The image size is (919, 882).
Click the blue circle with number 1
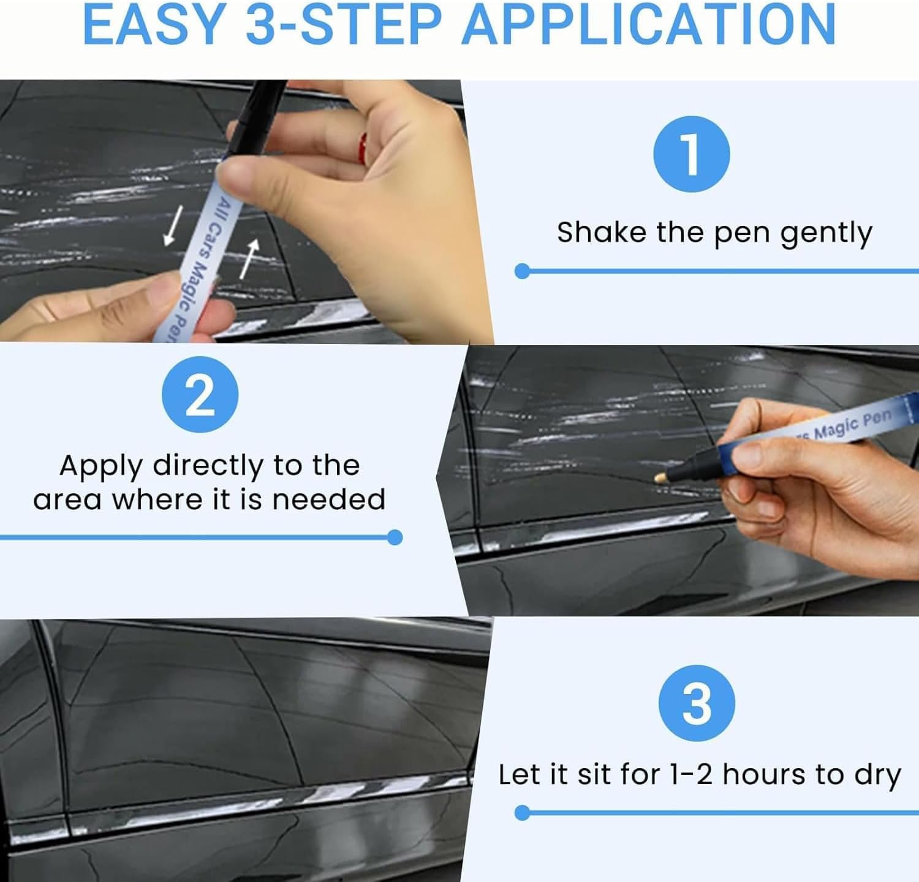[692, 154]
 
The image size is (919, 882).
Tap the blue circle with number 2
[200, 395]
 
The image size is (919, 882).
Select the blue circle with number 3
[697, 703]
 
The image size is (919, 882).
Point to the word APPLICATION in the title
[649, 24]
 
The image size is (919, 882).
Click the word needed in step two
[328, 499]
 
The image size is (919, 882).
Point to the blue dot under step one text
[522, 271]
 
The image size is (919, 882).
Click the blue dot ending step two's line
[395, 537]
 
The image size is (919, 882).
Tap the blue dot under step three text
[522, 813]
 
